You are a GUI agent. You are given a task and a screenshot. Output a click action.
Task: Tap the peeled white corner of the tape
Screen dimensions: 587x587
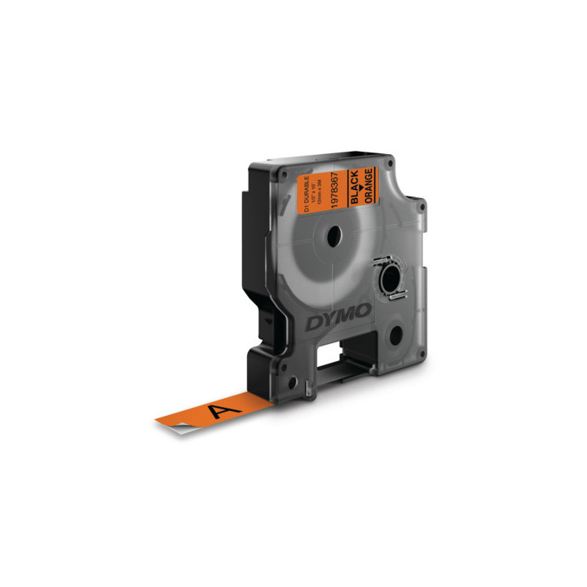tap(259, 404)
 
